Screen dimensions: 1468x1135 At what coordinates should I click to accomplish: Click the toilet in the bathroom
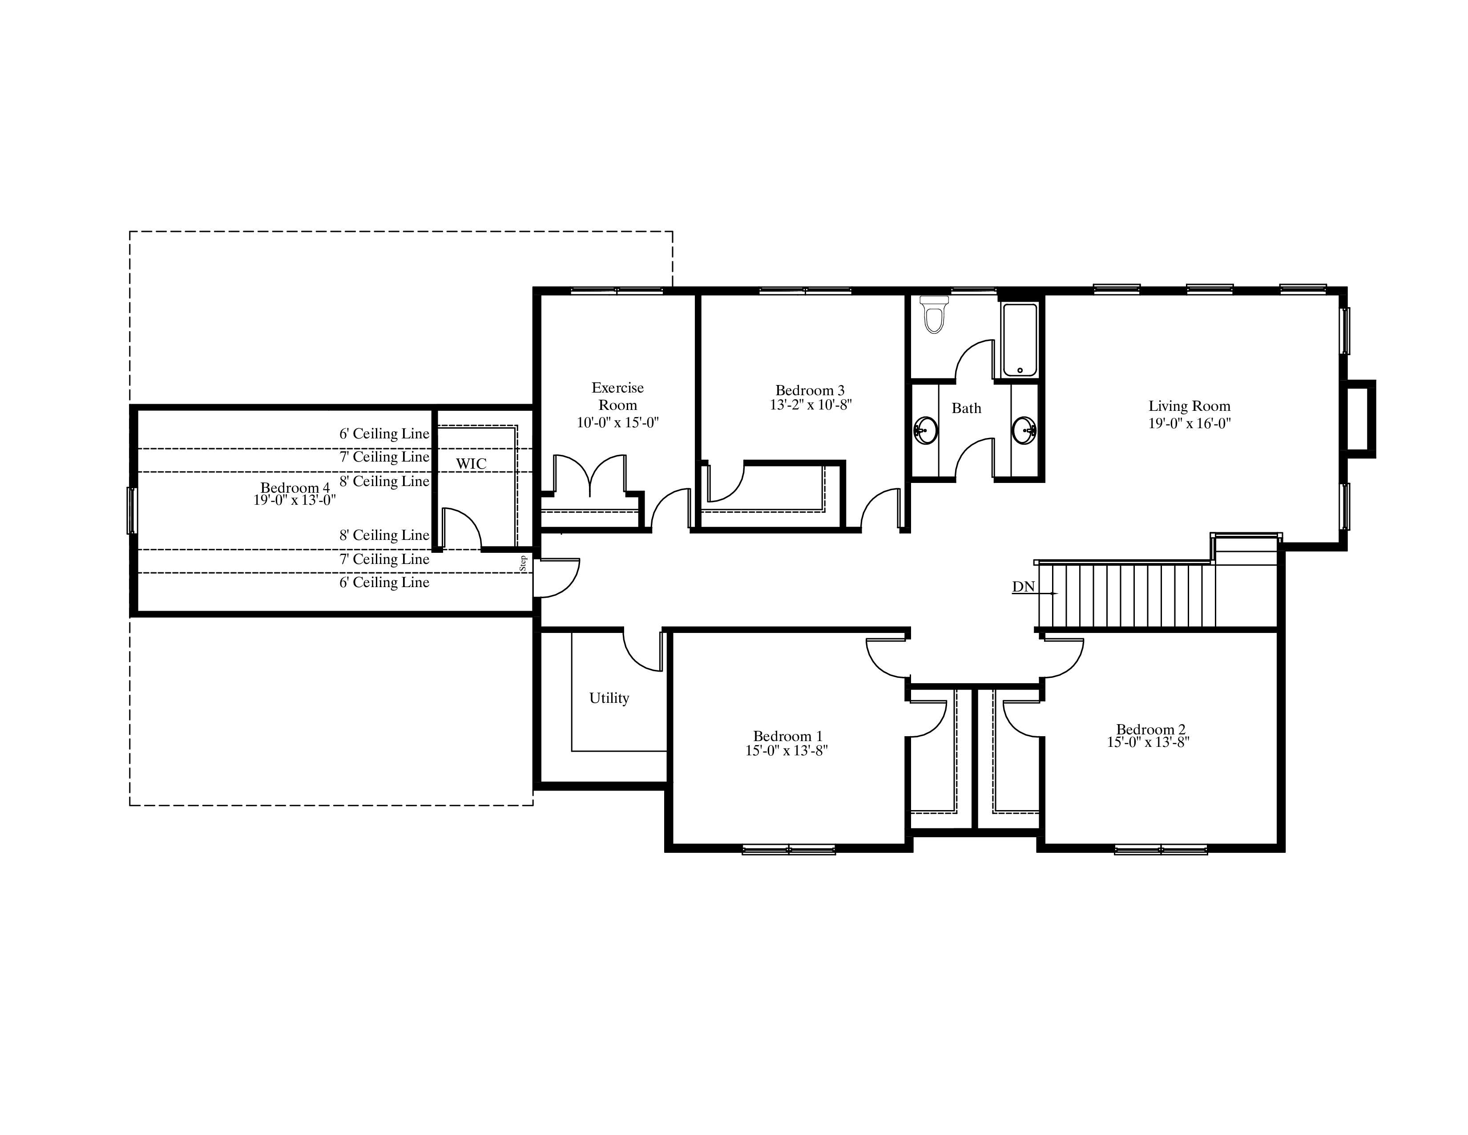click(x=933, y=315)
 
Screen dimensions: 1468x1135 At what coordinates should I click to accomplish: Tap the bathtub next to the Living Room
click(x=1020, y=340)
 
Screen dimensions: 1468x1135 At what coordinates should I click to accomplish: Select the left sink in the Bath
click(x=926, y=429)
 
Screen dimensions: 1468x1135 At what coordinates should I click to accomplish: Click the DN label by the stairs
click(x=1023, y=587)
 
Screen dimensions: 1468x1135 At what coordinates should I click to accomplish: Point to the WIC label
click(x=471, y=463)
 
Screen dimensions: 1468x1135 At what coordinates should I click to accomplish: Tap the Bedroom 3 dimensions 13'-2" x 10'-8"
click(x=811, y=405)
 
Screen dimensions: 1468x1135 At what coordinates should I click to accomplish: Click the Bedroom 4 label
click(x=295, y=487)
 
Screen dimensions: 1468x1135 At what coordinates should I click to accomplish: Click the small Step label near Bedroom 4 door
click(x=523, y=563)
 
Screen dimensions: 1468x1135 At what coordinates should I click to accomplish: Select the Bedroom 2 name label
click(x=1151, y=729)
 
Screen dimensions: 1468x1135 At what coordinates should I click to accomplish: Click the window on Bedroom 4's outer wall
click(x=132, y=511)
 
